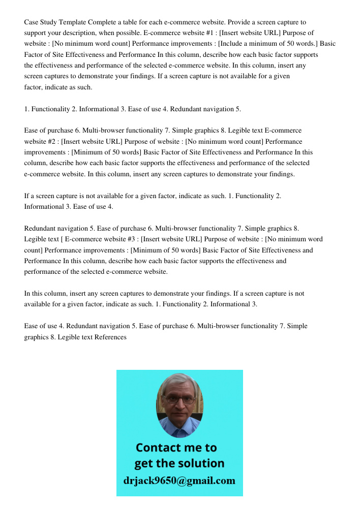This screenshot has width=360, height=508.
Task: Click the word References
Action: tap(110, 337)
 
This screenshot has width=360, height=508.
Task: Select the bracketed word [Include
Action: tap(229, 44)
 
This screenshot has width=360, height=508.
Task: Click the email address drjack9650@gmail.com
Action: tap(179, 481)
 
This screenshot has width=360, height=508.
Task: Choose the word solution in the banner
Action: tap(199, 463)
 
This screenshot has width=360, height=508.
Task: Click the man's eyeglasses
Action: tap(180, 400)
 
